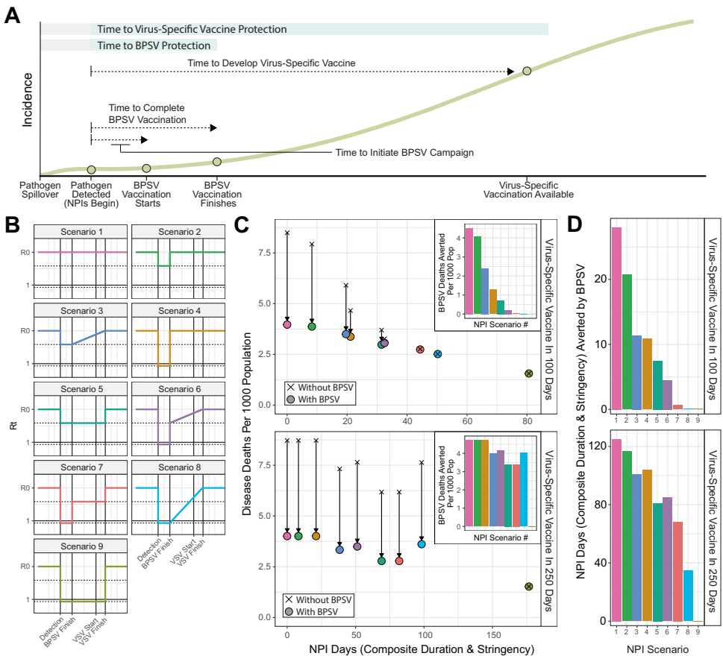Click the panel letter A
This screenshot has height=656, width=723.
tap(12, 16)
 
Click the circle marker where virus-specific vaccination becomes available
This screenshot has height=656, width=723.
tap(527, 71)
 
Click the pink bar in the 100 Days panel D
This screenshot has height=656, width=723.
tap(616, 318)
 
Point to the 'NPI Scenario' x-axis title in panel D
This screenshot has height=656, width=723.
tap(653, 649)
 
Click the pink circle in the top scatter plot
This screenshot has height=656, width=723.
tap(287, 324)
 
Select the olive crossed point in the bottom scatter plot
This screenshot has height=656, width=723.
tap(528, 587)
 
